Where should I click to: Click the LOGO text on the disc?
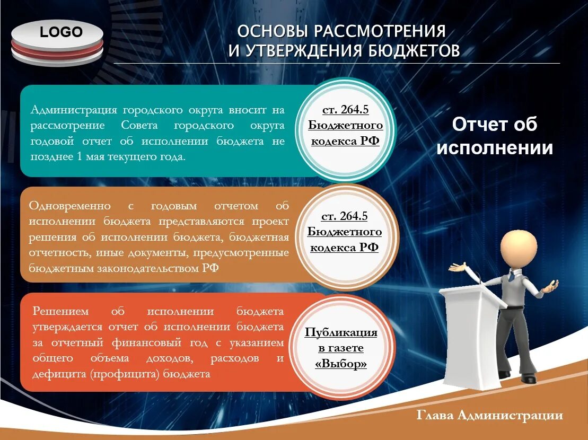tap(62, 32)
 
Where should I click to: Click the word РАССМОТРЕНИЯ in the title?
tap(379, 31)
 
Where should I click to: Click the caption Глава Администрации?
tap(489, 415)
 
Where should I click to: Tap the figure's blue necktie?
tap(510, 275)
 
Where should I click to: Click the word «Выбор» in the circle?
tap(341, 364)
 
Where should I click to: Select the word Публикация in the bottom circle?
tap(341, 332)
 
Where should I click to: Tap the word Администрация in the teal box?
tap(73, 110)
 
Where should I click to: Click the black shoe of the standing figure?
tap(528, 379)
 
